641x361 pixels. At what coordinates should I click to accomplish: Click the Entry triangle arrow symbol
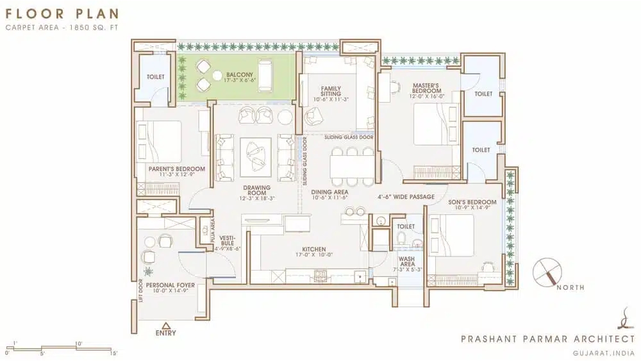165,326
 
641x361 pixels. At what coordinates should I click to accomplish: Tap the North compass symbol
547,273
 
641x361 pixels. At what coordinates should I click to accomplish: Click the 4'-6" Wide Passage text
406,197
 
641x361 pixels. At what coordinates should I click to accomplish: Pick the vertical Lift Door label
141,290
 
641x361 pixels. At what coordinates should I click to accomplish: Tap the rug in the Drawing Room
256,157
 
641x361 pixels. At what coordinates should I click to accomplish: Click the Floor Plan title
62,13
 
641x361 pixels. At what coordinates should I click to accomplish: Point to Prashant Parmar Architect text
548,339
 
